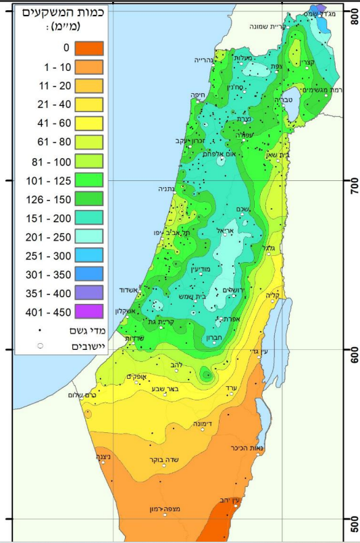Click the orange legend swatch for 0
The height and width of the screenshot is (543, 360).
point(88,48)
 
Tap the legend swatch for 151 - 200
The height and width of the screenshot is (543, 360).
point(88,217)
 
